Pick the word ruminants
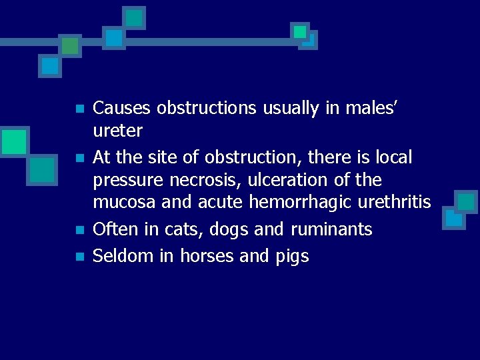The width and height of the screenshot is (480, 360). pos(331,230)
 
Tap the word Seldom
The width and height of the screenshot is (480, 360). pos(123,256)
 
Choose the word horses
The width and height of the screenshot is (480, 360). pos(201,256)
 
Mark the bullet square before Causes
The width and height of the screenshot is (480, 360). pos(79,109)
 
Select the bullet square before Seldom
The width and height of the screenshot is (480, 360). pos(79,257)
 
